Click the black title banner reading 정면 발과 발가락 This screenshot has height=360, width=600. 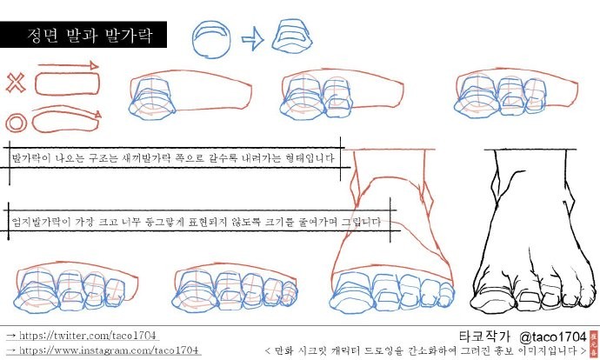coord(83,35)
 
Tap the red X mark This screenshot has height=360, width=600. coord(16,83)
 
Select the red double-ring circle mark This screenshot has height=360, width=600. coord(16,123)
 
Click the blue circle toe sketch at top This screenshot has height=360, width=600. coord(211,39)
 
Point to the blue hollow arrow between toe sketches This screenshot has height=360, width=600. coord(252,38)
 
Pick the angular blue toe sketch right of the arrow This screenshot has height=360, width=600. coord(292,35)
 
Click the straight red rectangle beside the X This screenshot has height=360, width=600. coord(67,83)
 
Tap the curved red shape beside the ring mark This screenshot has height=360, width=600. coord(66,122)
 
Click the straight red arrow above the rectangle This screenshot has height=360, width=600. coord(68,66)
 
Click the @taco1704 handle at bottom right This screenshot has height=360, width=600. coord(553,337)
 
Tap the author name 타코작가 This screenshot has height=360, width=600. coord(484,337)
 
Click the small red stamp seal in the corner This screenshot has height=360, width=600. coord(594,344)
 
